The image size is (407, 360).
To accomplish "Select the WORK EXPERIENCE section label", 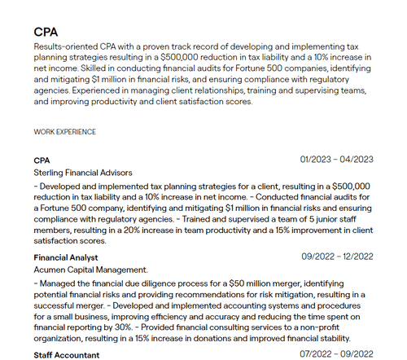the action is pos(65,131).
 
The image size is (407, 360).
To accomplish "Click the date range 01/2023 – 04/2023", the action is pos(336,159).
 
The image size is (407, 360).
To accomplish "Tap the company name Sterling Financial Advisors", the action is pos(82,173).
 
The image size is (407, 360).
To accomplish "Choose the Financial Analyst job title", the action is pos(66,257).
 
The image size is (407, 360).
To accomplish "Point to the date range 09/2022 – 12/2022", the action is pos(336,257).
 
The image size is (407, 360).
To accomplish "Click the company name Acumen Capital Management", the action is pos(91,269).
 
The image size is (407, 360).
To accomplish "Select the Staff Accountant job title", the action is pos(67,355).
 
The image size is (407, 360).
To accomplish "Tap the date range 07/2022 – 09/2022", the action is pos(336,355).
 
